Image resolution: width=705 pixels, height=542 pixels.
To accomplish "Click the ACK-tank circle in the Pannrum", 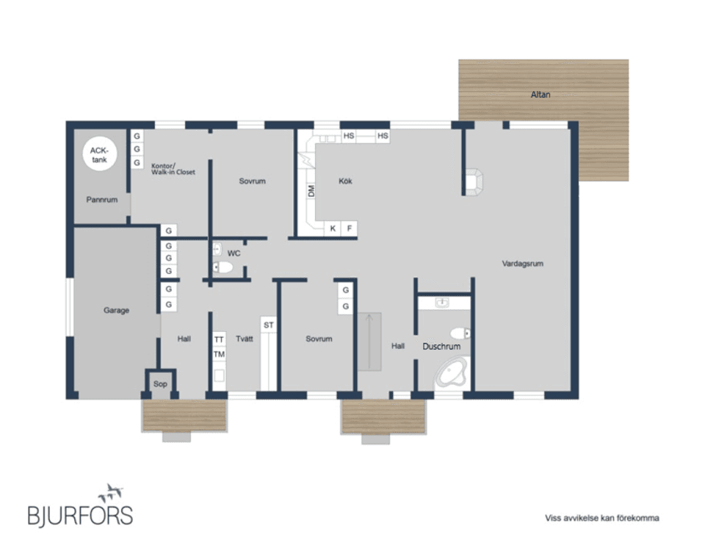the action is click(x=99, y=154).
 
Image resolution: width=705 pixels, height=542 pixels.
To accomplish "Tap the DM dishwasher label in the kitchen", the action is click(x=311, y=191).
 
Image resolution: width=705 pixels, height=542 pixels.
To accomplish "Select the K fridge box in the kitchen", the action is click(x=333, y=228).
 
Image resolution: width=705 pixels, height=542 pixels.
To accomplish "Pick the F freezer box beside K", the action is click(x=350, y=228).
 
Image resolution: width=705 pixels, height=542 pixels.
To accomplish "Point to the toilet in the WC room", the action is click(x=223, y=267).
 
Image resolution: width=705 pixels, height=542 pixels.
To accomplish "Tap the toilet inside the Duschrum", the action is click(x=460, y=333).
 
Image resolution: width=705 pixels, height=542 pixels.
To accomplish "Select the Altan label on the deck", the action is click(x=540, y=95).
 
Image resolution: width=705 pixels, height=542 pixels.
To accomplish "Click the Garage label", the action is click(x=117, y=310).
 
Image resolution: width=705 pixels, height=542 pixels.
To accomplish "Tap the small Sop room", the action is click(x=160, y=383).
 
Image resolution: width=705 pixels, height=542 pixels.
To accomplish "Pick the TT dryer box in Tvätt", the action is click(x=219, y=339).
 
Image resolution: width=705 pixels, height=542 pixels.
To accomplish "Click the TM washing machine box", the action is click(x=219, y=355).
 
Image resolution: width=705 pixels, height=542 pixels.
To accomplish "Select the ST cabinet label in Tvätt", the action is click(x=269, y=325).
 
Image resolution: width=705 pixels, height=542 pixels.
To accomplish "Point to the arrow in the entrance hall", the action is click(x=369, y=341).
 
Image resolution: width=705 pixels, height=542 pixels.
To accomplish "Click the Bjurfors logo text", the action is click(x=80, y=516).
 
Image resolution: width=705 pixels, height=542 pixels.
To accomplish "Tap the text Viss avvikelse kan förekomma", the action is click(x=602, y=518).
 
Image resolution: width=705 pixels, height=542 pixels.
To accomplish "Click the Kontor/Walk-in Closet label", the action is click(x=173, y=169).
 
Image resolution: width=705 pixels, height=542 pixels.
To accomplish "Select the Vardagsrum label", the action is click(x=522, y=264).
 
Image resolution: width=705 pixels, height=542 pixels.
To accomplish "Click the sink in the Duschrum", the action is click(x=442, y=303).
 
